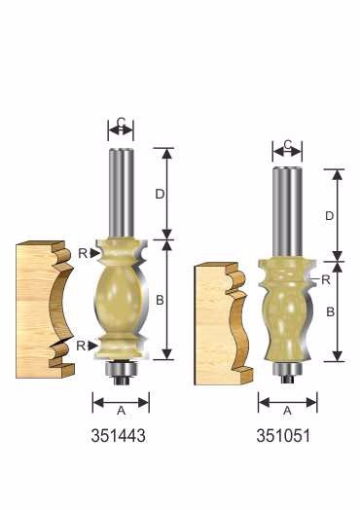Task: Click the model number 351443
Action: point(119,435)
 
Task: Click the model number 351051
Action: point(283,435)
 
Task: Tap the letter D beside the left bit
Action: point(160,195)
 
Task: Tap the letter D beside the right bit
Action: point(330,216)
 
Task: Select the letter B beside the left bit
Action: point(160,300)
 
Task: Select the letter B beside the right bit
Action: point(330,311)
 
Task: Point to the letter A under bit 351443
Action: point(121,411)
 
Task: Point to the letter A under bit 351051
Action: point(287,411)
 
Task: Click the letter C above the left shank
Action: point(121,123)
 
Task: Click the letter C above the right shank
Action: point(287,144)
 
